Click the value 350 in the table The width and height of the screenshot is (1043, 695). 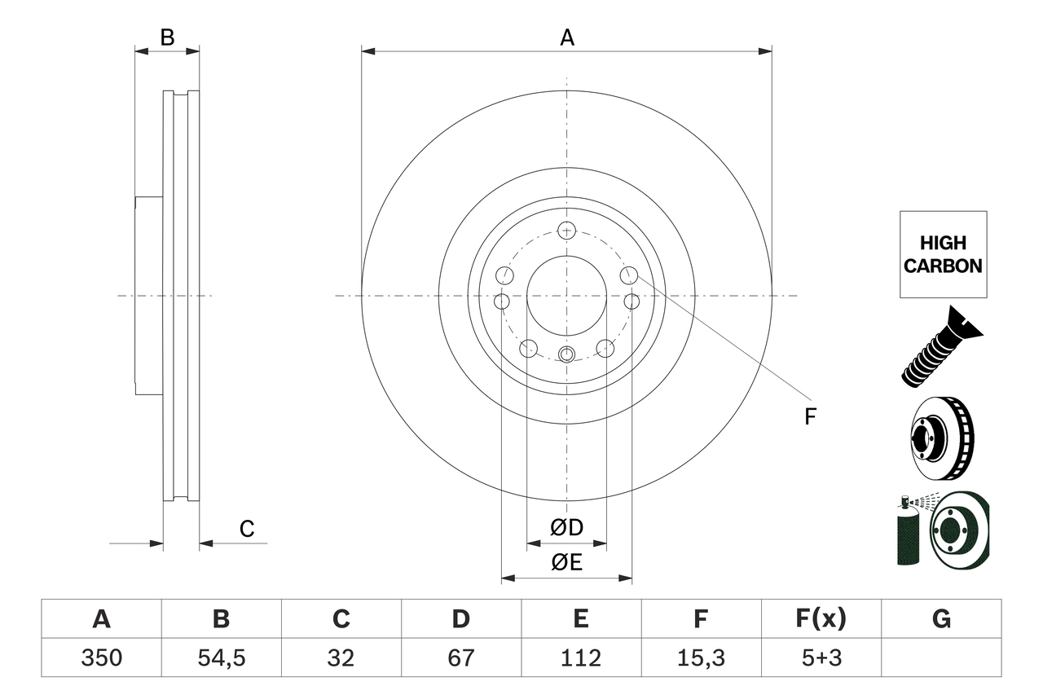[x=101, y=658]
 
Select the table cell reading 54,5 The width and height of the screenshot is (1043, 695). [x=221, y=658]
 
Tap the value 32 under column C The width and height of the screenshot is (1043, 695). [x=341, y=658]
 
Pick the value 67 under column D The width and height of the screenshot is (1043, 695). [x=460, y=658]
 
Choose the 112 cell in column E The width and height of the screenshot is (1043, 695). [x=580, y=658]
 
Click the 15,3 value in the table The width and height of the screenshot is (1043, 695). [x=700, y=658]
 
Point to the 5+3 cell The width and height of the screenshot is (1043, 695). [x=821, y=658]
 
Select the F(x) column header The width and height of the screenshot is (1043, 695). [x=821, y=619]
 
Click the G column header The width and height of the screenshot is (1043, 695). [x=941, y=619]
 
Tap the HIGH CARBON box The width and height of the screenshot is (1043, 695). [x=943, y=254]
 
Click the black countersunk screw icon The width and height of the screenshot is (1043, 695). [x=942, y=345]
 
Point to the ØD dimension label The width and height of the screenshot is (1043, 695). [x=567, y=528]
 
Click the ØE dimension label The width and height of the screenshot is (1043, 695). [x=567, y=562]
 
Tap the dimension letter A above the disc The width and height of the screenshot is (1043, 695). [x=566, y=37]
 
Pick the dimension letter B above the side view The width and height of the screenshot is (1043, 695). [x=167, y=37]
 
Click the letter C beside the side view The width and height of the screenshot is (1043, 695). [x=247, y=529]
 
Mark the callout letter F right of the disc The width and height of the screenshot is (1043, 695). [x=810, y=417]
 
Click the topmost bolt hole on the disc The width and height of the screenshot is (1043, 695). [x=567, y=230]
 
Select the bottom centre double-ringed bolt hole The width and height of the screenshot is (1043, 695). [x=567, y=354]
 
